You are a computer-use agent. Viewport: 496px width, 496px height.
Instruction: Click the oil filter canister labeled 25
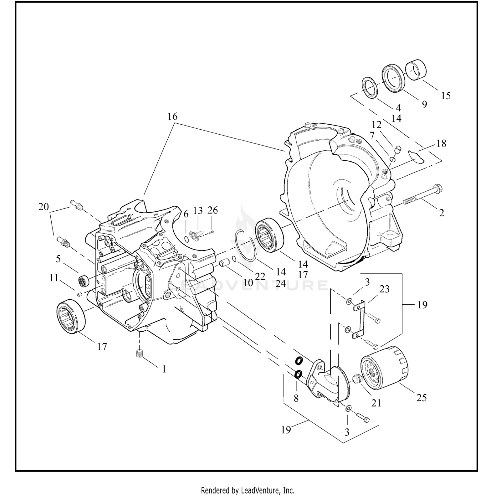click(385, 366)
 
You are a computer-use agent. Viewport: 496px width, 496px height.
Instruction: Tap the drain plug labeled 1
click(140, 353)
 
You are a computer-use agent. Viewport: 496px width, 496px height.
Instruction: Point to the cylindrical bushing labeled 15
click(416, 70)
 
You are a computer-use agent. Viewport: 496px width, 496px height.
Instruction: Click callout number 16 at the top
click(172, 116)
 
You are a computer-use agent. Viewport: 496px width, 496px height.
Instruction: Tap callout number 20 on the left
click(44, 207)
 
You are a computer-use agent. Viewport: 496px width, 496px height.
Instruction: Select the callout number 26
click(213, 210)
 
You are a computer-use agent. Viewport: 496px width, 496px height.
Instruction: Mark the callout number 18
click(441, 144)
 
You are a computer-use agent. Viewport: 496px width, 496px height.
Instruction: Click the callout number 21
click(376, 403)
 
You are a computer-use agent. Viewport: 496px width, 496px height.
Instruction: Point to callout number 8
click(296, 398)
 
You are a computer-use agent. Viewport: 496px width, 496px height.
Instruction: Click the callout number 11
click(54, 278)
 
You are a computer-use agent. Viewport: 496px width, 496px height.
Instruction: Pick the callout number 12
click(377, 125)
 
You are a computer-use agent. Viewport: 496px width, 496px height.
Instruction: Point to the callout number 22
click(260, 276)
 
